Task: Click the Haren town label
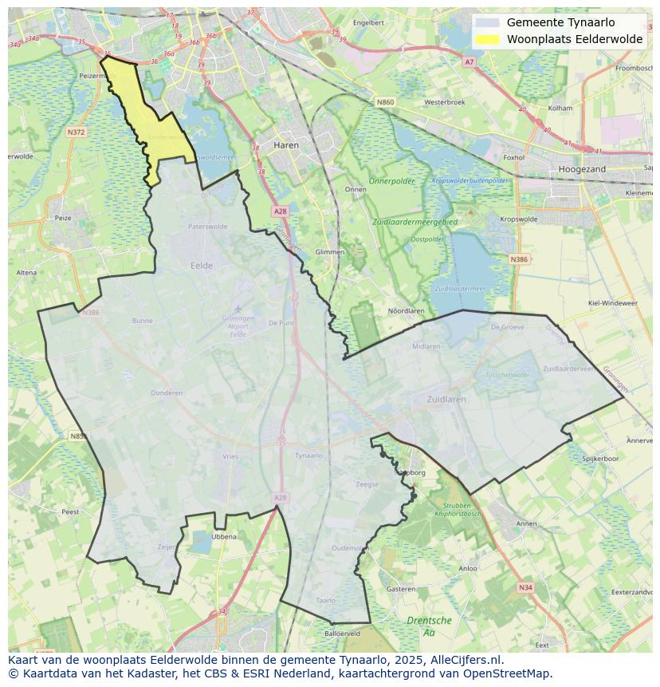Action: pos(285,145)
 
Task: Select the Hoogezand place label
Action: pos(582,169)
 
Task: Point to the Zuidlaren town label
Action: pos(446,399)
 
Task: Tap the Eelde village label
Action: pos(202,266)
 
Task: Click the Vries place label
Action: pos(230,456)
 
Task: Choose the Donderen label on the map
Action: pos(167,393)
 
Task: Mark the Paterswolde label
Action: pos(207,227)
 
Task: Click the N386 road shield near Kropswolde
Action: pos(519,259)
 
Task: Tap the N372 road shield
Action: pos(76,132)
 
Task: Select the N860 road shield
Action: pos(386,102)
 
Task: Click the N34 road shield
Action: pos(524,588)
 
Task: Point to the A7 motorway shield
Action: pos(469,61)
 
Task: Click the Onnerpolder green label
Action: pos(393,181)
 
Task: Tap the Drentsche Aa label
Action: pos(429,626)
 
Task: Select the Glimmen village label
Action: pos(330,251)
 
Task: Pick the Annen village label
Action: pos(527,524)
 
